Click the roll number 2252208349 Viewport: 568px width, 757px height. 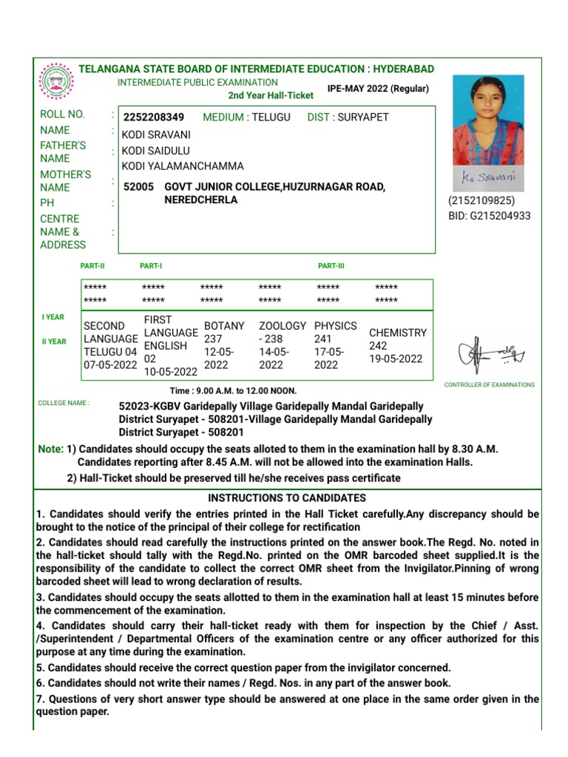[x=154, y=118]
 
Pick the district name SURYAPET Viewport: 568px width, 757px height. [x=362, y=118]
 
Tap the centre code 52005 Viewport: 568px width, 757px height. [x=139, y=187]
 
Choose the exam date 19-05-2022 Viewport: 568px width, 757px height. [x=396, y=359]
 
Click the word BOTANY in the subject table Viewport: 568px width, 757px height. [x=224, y=326]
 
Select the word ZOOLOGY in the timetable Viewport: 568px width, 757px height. [x=283, y=326]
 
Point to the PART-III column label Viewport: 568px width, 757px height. [x=331, y=266]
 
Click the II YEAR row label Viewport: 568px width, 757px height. [x=54, y=342]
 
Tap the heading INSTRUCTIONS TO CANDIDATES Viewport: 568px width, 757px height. [x=287, y=498]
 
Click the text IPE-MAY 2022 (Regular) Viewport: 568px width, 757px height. [x=378, y=89]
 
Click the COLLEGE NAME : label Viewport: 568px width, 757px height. [x=64, y=404]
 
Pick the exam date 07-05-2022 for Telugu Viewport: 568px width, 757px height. [x=110, y=365]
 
